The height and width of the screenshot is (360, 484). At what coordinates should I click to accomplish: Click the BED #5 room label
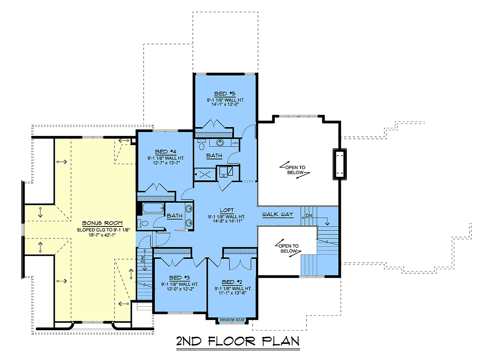[x=225, y=94]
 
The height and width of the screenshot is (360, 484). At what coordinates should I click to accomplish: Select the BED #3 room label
[x=179, y=278]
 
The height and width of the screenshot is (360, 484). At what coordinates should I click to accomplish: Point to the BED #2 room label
[x=232, y=282]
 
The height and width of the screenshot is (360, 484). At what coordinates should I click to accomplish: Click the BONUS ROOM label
[x=102, y=223]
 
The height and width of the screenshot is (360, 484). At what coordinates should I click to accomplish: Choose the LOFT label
[x=227, y=210]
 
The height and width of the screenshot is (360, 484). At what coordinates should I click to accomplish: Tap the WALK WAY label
[x=278, y=214]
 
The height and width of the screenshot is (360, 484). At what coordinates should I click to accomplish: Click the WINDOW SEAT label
[x=232, y=320]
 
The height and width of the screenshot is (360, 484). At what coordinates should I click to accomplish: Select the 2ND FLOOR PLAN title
[x=238, y=341]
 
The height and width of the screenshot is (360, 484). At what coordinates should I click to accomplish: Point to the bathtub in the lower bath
[x=153, y=208]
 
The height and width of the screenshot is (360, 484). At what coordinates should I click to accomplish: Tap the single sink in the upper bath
[x=220, y=143]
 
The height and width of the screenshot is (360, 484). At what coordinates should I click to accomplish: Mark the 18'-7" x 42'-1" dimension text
[x=102, y=235]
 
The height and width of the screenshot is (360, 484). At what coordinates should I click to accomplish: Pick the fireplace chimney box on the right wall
[x=340, y=164]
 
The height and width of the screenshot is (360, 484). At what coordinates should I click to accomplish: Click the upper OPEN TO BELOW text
[x=295, y=170]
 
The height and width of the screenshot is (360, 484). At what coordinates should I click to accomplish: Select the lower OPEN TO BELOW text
[x=288, y=248]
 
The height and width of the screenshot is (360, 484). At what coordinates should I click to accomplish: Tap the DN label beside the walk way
[x=309, y=216]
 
